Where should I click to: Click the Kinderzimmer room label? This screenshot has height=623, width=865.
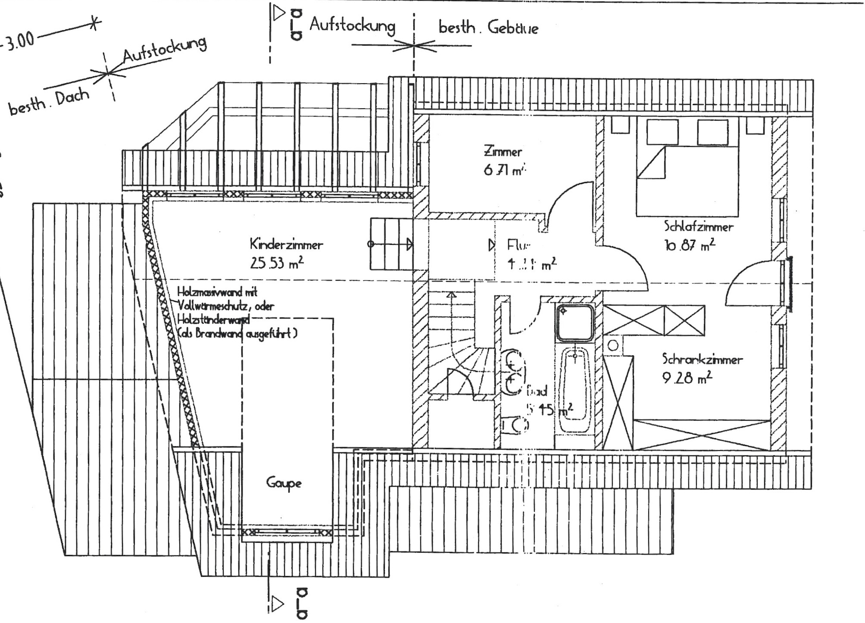pyautogui.click(x=286, y=244)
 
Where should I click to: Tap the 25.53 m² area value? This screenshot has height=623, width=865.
pyautogui.click(x=277, y=263)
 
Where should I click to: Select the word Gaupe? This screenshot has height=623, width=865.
pyautogui.click(x=284, y=483)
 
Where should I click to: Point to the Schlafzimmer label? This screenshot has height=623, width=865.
pyautogui.click(x=698, y=226)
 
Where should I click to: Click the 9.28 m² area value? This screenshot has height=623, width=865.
pyautogui.click(x=687, y=378)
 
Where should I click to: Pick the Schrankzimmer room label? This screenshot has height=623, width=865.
pyautogui.click(x=702, y=359)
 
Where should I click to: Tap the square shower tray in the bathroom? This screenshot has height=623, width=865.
pyautogui.click(x=575, y=322)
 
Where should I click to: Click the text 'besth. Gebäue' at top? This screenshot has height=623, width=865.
pyautogui.click(x=488, y=28)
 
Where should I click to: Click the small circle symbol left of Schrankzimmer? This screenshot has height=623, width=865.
pyautogui.click(x=613, y=345)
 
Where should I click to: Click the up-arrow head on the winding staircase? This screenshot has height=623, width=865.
pyautogui.click(x=451, y=295)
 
